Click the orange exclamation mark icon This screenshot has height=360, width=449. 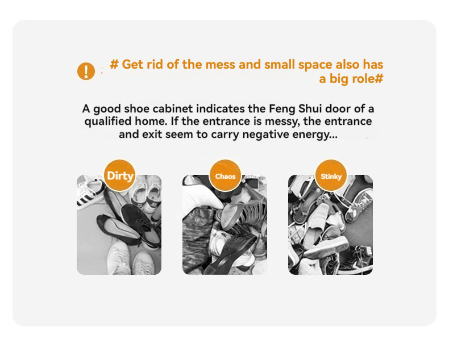tap(86, 71)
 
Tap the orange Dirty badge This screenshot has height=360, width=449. tap(120, 175)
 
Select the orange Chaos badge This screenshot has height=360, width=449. tap(226, 175)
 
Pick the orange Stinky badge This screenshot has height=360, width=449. tap(331, 175)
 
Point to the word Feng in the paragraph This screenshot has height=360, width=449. tap(282, 109)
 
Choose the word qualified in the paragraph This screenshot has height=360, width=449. tap(108, 122)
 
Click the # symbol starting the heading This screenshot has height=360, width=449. tap(114, 64)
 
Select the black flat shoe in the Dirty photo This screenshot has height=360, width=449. tap(118, 230)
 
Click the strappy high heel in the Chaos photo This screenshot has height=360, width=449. tap(246, 212)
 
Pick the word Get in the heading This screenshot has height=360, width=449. tap(132, 64)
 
